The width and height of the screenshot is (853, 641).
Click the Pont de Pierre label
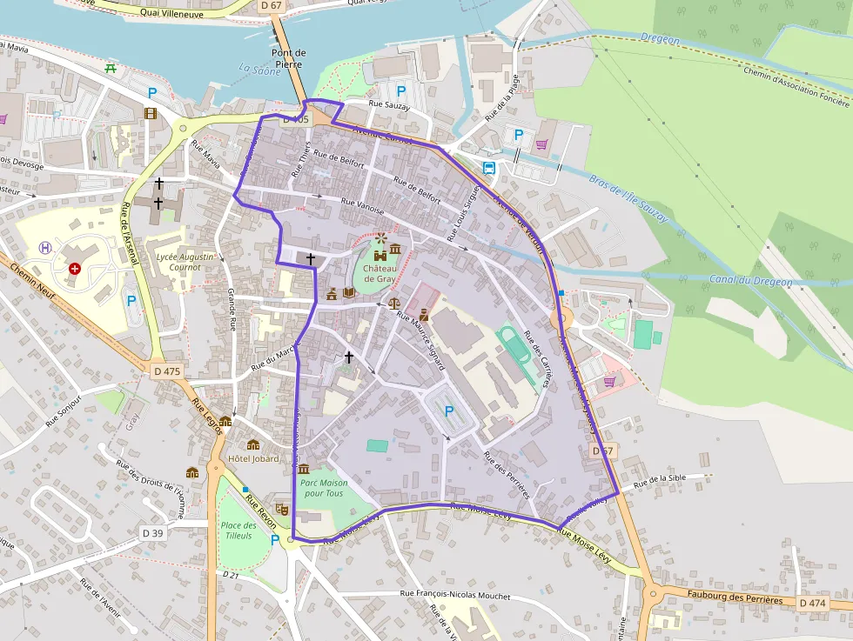pyautogui.click(x=289, y=58)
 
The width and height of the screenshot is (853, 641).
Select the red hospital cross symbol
pyautogui.click(x=75, y=269)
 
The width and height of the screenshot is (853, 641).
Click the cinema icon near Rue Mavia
pyautogui.click(x=151, y=113)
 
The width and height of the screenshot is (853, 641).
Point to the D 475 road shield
pyautogui.click(x=166, y=371)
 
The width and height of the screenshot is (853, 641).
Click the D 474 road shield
pyautogui.click(x=812, y=603)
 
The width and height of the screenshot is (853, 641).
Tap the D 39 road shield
pyautogui.click(x=152, y=532)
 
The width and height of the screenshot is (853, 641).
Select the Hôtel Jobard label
pyautogui.click(x=252, y=458)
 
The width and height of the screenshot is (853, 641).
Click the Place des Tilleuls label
pyautogui.click(x=238, y=530)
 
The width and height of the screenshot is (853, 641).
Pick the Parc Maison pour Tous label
pyautogui.click(x=322, y=488)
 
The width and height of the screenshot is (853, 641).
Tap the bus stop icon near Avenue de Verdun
pyautogui.click(x=489, y=168)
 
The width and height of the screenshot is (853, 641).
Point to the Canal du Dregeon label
pyautogui.click(x=749, y=281)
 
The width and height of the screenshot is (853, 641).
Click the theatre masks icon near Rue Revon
pyautogui.click(x=281, y=508)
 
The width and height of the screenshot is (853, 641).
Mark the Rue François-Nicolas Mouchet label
pyautogui.click(x=454, y=595)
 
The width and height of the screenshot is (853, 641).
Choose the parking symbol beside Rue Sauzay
pyautogui.click(x=401, y=90)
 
